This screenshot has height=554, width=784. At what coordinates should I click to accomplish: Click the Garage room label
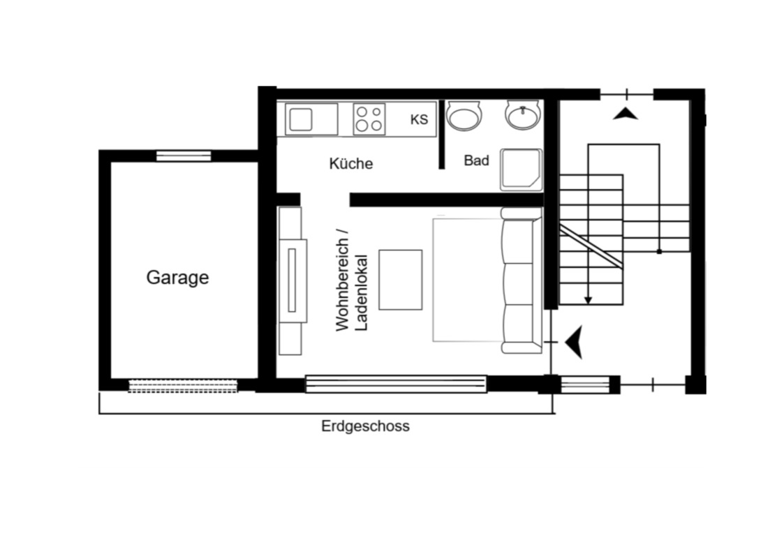coord(177,277)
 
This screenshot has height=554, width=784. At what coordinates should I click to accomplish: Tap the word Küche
coord(351,163)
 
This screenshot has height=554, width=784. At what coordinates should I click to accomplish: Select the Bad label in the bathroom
coord(476,160)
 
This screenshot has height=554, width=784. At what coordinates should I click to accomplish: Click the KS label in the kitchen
coord(419,119)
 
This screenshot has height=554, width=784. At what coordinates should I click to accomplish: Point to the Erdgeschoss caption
coord(366,426)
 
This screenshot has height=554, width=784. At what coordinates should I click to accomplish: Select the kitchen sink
coord(311,119)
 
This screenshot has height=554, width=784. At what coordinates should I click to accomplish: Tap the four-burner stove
coord(369,119)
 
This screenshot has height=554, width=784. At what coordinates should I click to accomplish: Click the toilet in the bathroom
coord(464,116)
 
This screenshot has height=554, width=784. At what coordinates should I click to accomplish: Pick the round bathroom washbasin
coord(523,115)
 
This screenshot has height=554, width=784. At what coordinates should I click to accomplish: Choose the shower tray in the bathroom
coord(521,170)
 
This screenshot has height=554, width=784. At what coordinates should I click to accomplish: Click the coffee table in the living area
coord(401,280)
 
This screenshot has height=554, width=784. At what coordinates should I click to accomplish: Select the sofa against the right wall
coord(522,280)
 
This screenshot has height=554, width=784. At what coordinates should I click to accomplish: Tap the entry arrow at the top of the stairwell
coord(626,114)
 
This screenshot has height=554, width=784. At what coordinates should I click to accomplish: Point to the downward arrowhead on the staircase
coord(589,300)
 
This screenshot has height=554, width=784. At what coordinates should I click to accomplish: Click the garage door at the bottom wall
coord(183,386)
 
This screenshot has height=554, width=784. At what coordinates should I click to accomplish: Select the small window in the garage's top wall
coord(184,156)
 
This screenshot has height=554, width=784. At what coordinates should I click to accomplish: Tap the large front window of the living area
coord(396,384)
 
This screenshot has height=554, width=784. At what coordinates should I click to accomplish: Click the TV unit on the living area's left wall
coord(292,280)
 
